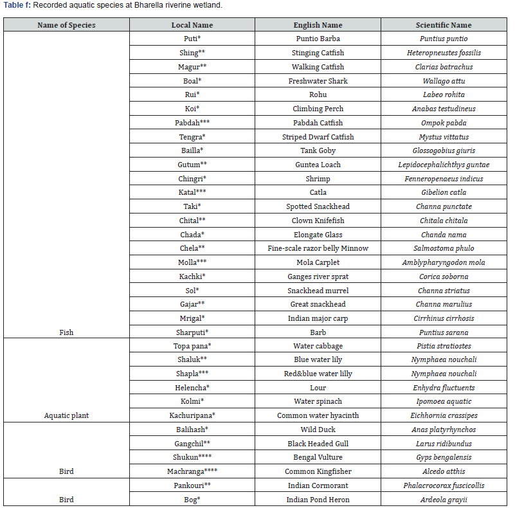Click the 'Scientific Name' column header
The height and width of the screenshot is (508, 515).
pos(443,25)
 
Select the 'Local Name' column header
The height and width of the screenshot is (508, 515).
pos(192,25)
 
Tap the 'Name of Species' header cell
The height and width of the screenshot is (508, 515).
pos(66,25)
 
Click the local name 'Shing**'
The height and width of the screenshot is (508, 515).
pos(192,53)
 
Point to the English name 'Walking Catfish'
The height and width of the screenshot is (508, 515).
pos(318,67)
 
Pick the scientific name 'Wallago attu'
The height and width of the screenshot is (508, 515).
pos(444,81)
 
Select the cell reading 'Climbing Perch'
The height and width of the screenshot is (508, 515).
pos(318,109)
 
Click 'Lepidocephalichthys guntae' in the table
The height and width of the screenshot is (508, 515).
pos(444,165)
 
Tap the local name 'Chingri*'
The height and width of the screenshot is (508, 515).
pos(192,178)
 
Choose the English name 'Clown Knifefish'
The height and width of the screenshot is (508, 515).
pos(318,221)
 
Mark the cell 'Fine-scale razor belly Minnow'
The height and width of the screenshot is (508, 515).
pos(318,248)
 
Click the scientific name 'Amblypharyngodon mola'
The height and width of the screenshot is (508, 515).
pos(444,262)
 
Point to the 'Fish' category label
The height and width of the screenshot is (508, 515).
pos(66,332)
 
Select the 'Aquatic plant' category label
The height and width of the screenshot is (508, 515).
pos(66,415)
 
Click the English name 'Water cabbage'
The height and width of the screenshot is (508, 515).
pos(318,346)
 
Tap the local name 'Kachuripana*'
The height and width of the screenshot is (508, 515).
pos(192,415)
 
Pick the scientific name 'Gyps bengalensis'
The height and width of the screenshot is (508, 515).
pos(444,457)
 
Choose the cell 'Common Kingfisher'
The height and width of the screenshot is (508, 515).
pos(318,471)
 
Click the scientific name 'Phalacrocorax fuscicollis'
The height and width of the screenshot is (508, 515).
pos(444,485)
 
